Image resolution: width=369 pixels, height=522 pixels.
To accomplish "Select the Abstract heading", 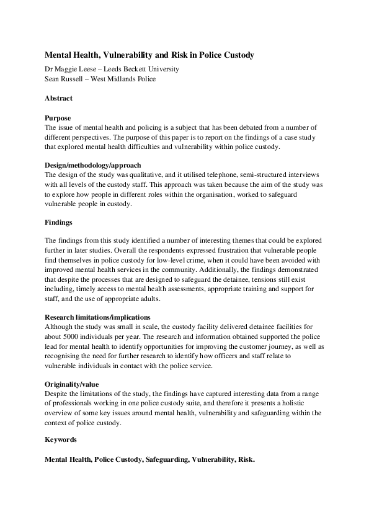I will [59, 98].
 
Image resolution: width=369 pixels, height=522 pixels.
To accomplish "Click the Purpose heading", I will [58, 117].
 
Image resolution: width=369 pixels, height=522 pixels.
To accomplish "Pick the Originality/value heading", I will [71, 384].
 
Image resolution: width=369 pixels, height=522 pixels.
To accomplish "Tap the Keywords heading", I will [61, 440].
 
